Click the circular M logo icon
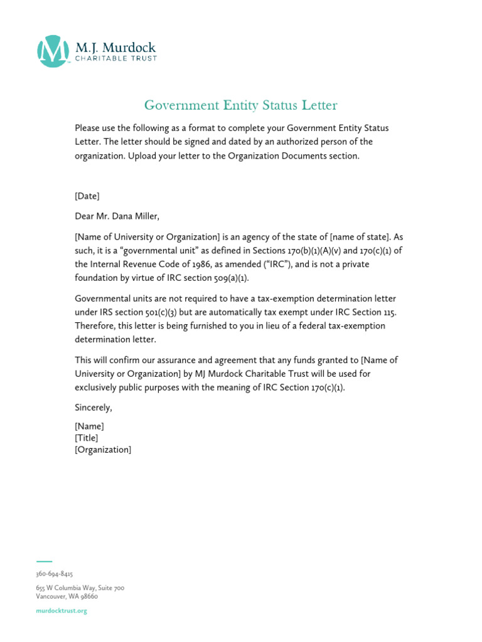tap(53, 51)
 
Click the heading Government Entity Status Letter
tap(241, 105)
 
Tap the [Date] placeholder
tap(87, 196)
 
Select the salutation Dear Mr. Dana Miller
tap(117, 217)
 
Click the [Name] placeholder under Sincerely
tap(89, 426)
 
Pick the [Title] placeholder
tap(86, 438)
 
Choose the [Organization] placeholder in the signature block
tap(103, 450)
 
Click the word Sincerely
tap(94, 408)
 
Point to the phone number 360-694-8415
tap(55, 574)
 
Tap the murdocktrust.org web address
tap(62, 611)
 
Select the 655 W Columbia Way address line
tap(80, 588)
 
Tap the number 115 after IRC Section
tap(389, 312)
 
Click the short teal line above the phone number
tap(44, 561)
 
